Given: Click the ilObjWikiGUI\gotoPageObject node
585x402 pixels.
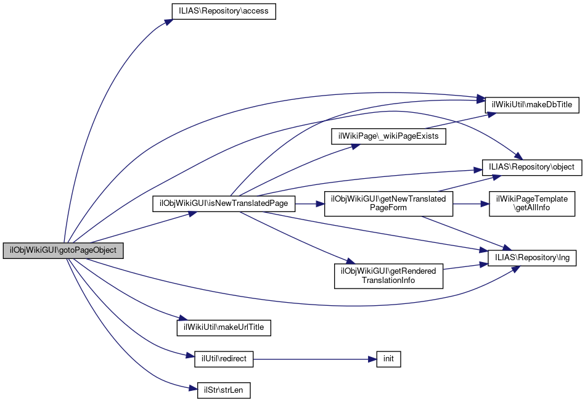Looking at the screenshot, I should pos(63,251).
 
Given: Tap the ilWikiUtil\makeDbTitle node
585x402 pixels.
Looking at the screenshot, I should pos(531,105).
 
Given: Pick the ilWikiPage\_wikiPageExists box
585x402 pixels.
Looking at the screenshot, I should pos(388,136).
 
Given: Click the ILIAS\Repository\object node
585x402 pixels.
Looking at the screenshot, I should pos(531,167).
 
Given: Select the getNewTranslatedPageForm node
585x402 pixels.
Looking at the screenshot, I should pos(388,203).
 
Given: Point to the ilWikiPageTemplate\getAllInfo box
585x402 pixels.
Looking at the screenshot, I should pos(532,203).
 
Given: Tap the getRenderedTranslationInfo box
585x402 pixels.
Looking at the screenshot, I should pos(388,276).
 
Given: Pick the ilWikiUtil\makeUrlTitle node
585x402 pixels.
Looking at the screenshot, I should pos(224,327).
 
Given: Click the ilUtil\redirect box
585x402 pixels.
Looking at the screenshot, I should pos(223,359).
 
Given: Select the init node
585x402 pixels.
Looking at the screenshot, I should pos(388,359).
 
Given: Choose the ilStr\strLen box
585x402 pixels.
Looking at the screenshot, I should pos(224,390).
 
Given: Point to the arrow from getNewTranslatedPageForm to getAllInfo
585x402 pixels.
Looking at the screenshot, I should pos(471,203).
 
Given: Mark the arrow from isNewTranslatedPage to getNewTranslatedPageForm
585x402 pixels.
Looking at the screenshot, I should pos(310,203).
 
